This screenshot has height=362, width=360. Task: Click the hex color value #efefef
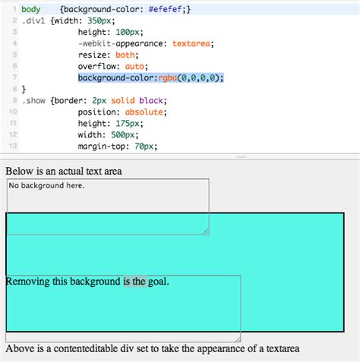165,9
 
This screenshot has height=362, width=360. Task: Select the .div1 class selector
33,20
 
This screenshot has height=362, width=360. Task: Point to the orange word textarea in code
191,43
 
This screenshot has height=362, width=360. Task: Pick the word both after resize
125,55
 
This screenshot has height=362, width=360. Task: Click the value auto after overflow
134,66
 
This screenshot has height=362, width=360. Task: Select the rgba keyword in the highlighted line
168,77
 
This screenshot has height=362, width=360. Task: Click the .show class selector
33,101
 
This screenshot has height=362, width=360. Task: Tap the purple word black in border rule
151,101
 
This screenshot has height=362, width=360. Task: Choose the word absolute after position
144,112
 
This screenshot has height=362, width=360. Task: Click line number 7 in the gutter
14,77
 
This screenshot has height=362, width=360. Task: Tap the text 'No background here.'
46,186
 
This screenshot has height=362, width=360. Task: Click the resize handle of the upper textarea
206,231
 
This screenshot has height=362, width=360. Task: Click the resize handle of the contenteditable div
238,339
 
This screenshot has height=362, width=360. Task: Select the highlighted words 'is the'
135,282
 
